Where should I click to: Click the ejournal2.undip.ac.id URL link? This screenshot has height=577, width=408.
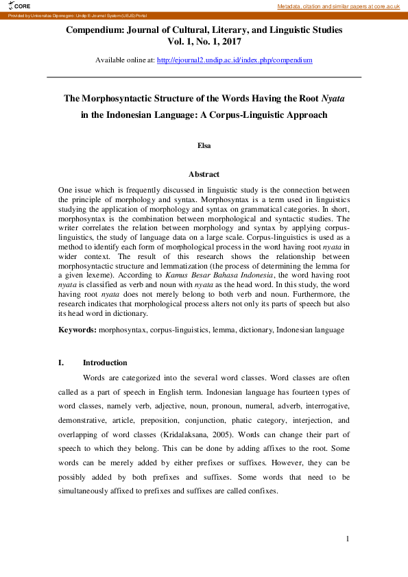pos(235,60)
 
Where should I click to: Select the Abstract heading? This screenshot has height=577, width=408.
pos(204,175)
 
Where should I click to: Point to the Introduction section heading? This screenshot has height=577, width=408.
pos(105,363)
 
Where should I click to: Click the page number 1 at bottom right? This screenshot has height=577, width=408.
pos(348,539)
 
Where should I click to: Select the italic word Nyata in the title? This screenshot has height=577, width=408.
pos(333,99)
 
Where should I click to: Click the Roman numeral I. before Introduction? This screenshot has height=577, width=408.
pos(62,363)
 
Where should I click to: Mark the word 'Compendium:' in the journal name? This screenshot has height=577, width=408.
pos(93,30)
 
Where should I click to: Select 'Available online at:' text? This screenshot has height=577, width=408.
pos(125,60)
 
